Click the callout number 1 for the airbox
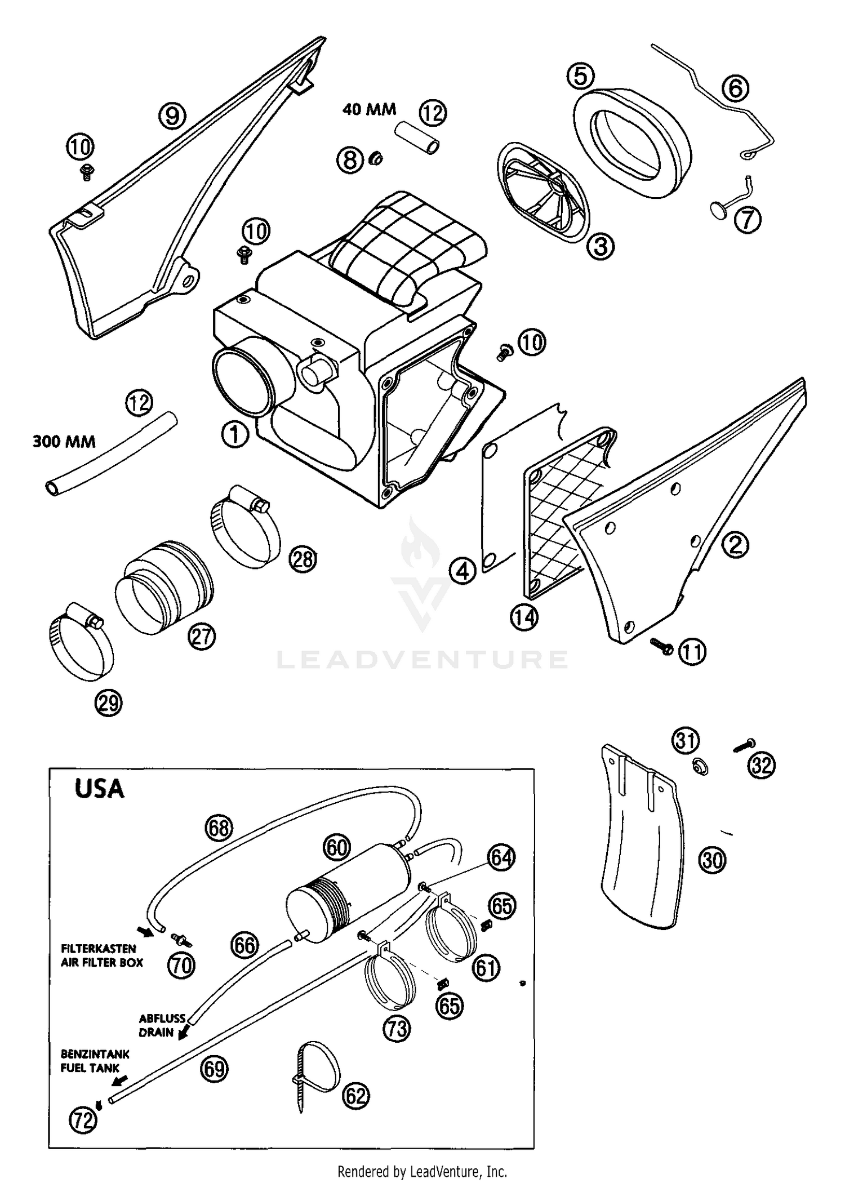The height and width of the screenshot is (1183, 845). point(235,435)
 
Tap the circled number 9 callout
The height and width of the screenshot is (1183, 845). point(172,116)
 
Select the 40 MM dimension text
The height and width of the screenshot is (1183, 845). point(369,109)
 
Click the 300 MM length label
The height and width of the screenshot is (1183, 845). point(64,441)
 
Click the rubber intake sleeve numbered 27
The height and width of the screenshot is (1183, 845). point(164,585)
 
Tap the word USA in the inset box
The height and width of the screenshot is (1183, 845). point(99,789)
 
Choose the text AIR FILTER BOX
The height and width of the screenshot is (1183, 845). point(102,962)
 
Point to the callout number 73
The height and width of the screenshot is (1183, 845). point(396,1029)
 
